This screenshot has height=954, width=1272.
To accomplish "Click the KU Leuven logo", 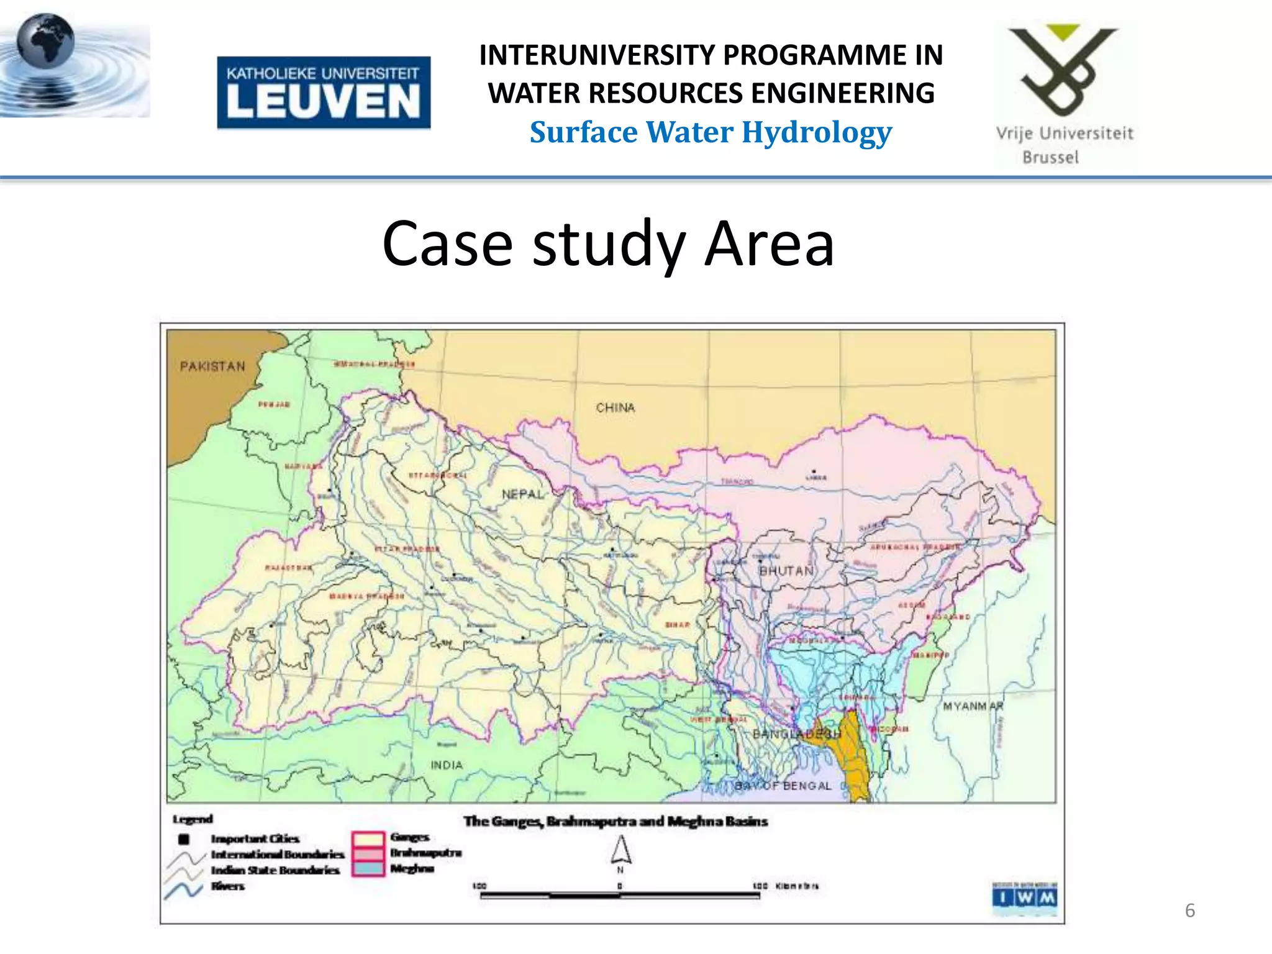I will [x=323, y=93].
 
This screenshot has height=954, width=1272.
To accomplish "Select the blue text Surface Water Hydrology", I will [x=711, y=132].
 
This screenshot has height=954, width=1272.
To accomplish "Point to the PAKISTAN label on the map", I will [x=212, y=366].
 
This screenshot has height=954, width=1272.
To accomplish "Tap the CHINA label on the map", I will [x=615, y=408].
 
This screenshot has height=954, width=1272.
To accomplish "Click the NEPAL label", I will [x=522, y=494].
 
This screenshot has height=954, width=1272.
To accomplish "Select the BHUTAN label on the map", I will [x=786, y=571].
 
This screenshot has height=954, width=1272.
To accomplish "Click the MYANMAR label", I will [x=973, y=706].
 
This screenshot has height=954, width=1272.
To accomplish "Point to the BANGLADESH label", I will [x=796, y=734].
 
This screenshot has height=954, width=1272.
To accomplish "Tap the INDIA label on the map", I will [x=447, y=765].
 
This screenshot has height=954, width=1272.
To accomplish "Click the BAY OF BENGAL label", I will [x=783, y=786].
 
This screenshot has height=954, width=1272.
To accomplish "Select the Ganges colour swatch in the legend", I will [x=368, y=839].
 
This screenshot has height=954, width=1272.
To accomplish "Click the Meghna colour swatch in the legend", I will [x=368, y=868].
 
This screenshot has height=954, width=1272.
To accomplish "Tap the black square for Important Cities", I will [x=184, y=840].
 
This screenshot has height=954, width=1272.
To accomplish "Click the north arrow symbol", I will [x=620, y=850].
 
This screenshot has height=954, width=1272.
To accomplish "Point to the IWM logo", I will [x=1024, y=897].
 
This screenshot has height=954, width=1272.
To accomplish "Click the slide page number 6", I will [x=1189, y=911].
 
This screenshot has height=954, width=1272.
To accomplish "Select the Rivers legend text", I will [x=228, y=886].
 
